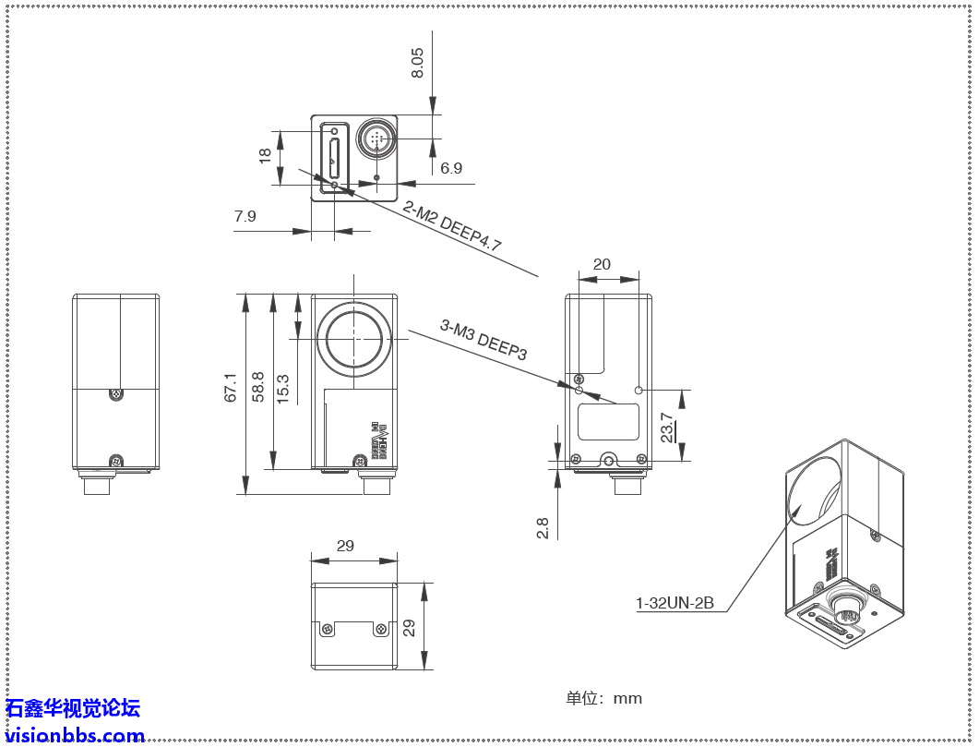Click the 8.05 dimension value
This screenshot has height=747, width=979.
(417, 63)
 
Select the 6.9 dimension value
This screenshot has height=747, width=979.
(451, 168)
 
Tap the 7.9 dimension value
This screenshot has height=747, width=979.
(245, 216)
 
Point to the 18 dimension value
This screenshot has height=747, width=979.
(266, 157)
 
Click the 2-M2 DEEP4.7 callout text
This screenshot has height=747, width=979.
(451, 227)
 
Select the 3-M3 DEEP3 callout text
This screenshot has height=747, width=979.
(484, 339)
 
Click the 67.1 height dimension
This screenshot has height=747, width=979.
(231, 388)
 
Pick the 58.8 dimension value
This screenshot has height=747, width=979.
(258, 387)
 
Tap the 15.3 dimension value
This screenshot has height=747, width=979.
(283, 388)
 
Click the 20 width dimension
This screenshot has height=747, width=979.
(602, 264)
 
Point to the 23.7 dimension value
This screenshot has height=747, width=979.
(666, 427)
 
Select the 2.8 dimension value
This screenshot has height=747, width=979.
(543, 528)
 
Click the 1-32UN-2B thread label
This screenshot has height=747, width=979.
(675, 604)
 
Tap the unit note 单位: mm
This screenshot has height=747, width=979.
(603, 698)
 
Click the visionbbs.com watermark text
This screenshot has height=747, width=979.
(75, 736)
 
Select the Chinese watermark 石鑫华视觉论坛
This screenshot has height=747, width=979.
(73, 708)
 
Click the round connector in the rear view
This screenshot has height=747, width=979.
(376, 139)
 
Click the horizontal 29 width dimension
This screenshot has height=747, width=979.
(345, 546)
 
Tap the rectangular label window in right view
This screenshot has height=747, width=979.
(609, 421)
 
